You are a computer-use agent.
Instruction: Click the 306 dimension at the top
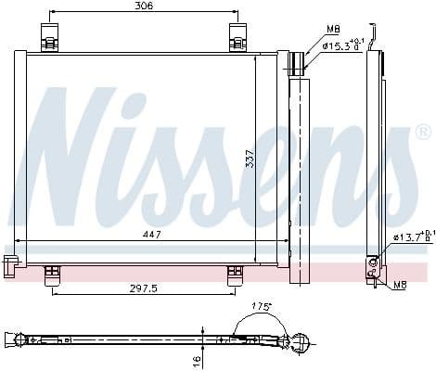click(143, 6)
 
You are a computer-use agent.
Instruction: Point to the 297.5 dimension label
click(143, 288)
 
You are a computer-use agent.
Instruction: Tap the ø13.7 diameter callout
click(411, 237)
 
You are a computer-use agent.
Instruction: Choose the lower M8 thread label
click(400, 284)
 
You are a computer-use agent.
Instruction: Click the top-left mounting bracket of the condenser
click(50, 36)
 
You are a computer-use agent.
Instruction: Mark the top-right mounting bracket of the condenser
click(237, 36)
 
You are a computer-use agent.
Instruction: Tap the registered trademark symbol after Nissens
click(422, 131)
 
